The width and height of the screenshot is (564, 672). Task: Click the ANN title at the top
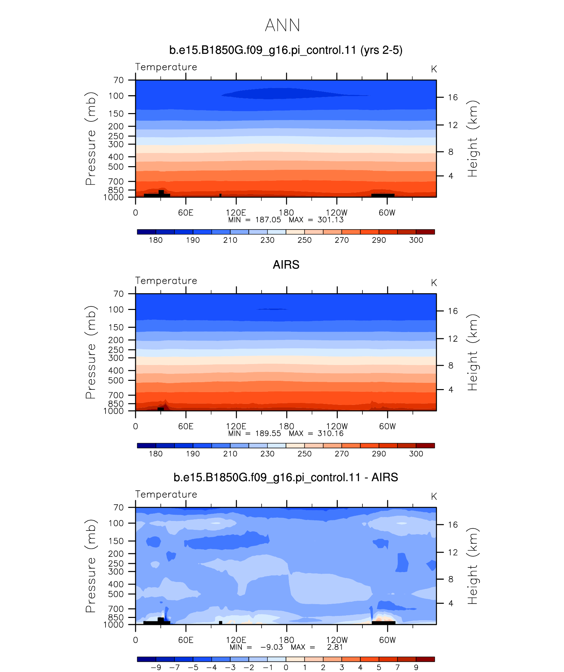point(283,25)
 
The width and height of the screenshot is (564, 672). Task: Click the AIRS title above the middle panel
point(286,265)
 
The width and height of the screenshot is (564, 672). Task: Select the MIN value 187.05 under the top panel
point(268,220)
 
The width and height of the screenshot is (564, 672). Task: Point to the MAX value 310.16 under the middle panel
point(330,434)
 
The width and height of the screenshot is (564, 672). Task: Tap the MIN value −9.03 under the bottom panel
point(272,647)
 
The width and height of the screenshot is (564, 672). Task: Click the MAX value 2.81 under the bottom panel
point(335,647)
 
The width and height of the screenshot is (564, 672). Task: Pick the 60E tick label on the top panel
point(186,213)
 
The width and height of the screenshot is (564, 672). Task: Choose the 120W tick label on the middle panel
point(337,426)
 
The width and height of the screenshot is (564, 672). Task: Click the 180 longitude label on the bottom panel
point(286,640)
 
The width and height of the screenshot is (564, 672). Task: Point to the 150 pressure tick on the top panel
point(116,114)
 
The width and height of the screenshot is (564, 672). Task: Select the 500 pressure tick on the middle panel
point(116,381)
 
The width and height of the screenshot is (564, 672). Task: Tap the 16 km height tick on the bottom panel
point(453,525)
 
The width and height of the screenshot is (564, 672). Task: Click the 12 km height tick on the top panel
point(453,125)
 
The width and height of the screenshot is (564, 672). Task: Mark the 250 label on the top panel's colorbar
point(304,240)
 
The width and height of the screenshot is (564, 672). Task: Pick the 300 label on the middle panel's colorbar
point(416,454)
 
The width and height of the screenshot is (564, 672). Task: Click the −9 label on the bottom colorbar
point(156,667)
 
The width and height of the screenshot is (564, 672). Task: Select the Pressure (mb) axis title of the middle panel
point(91,352)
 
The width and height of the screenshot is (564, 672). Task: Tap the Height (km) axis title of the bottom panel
point(473,566)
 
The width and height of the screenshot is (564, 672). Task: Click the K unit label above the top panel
point(434,69)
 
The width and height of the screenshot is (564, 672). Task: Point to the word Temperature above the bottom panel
point(166,494)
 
